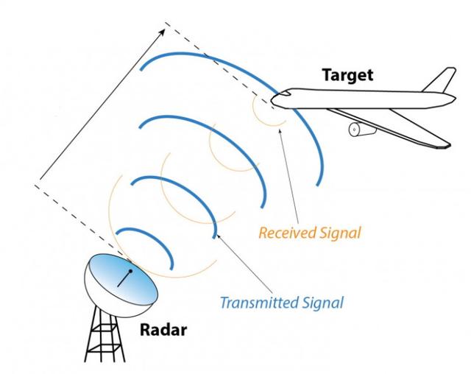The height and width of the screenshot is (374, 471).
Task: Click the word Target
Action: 347,74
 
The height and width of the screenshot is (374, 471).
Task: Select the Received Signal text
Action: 309,234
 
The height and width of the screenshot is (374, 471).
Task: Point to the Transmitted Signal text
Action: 282,301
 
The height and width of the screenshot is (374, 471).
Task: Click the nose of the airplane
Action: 274,99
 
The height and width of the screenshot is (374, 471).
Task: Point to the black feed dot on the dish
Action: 131,272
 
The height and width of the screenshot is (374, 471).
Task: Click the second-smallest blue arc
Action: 177,184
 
